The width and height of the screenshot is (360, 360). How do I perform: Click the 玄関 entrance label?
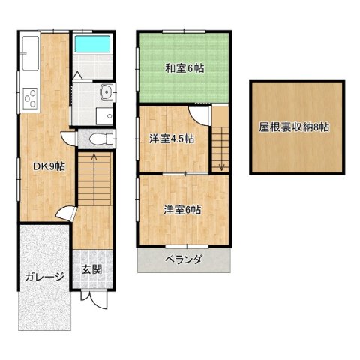93,269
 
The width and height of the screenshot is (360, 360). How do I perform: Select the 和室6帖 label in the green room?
184,67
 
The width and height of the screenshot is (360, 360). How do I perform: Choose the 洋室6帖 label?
182,210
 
